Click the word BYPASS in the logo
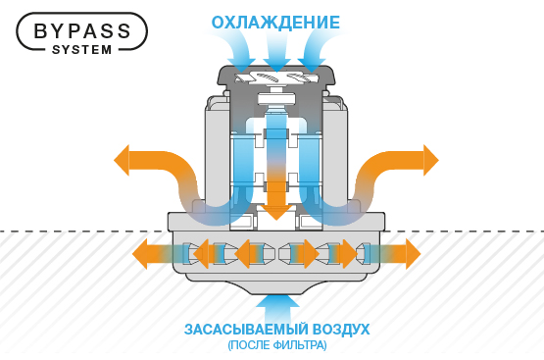point(81,29)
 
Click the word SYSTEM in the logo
point(81,49)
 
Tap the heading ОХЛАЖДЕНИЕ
point(275,22)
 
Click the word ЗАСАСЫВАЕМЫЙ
point(246,329)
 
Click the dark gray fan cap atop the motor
point(275,77)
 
